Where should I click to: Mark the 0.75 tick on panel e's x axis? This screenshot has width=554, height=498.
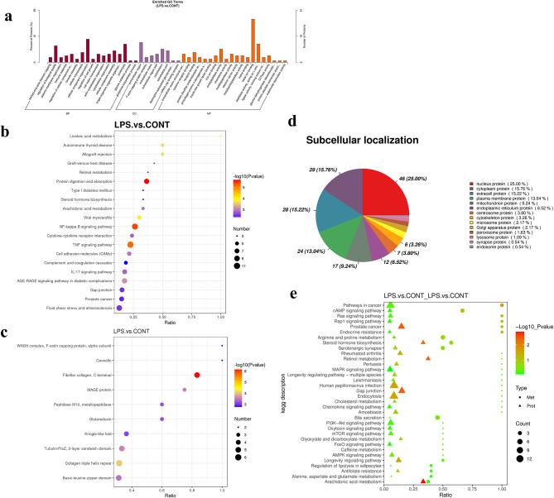coord(472,489)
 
